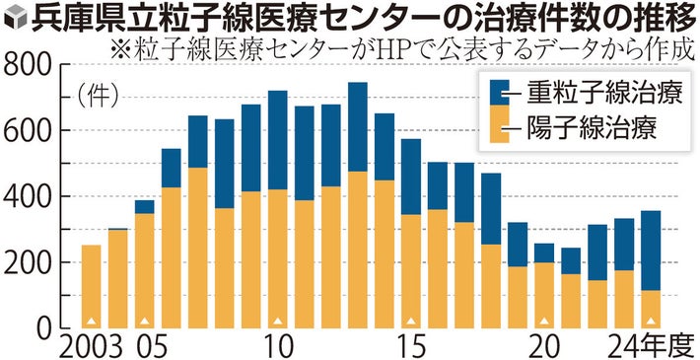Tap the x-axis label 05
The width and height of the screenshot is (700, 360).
pos(145,346)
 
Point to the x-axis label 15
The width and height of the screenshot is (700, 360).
pos(410,346)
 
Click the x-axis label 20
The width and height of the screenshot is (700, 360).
pos(543,346)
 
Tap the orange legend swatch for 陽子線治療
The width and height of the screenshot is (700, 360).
pos(500,128)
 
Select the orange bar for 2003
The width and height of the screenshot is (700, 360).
pos(91,286)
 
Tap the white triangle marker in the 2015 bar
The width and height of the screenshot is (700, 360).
pos(410,321)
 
